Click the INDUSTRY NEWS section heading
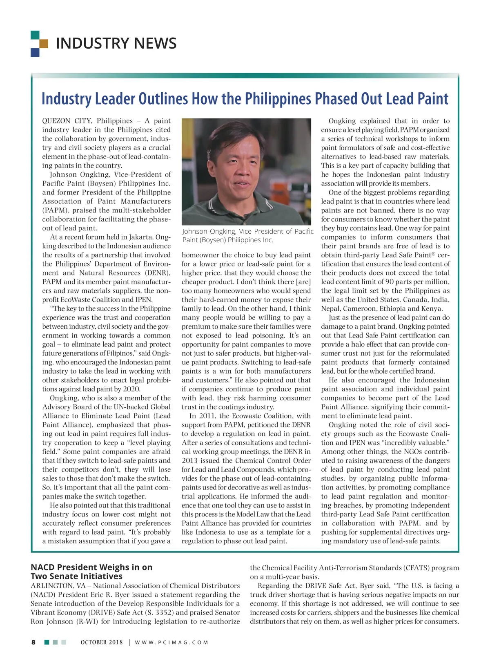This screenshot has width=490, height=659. (x=116, y=43)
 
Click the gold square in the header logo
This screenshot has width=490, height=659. (x=44, y=43)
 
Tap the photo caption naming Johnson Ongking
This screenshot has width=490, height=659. (x=247, y=235)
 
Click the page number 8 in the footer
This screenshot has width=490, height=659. (x=33, y=642)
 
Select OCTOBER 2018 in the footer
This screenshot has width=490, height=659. (x=102, y=642)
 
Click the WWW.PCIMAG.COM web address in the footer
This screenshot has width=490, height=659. (x=171, y=642)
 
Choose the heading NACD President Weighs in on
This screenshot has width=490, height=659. (x=91, y=567)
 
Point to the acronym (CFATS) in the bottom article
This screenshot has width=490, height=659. (x=416, y=568)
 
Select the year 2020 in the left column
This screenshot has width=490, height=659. (x=132, y=389)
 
